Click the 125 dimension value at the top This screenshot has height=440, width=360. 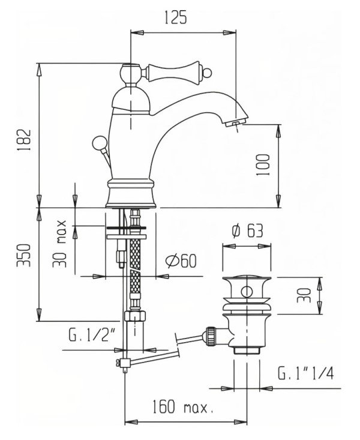pyautogui.click(x=175, y=18)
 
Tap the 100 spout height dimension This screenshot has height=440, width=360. pyautogui.click(x=263, y=164)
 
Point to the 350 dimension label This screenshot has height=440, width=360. pyautogui.click(x=23, y=255)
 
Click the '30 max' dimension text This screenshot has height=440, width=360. pyautogui.click(x=59, y=244)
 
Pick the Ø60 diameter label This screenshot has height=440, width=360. pyautogui.click(x=181, y=261)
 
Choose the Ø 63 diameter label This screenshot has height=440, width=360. pyautogui.click(x=247, y=231)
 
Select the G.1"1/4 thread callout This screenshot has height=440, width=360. pyautogui.click(x=306, y=373)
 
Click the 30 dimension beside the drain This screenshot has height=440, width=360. pyautogui.click(x=304, y=295)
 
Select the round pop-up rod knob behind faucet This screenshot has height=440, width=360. pyautogui.click(x=100, y=142)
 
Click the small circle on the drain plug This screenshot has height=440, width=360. pyautogui.click(x=247, y=292)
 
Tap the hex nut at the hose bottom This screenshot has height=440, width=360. pyautogui.click(x=135, y=316)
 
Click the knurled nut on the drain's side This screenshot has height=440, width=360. pyautogui.click(x=211, y=336)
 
